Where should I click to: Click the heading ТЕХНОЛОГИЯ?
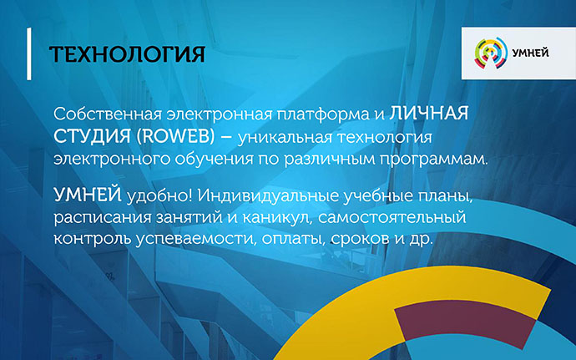click(127, 54)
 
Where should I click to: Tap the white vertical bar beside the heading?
click(29, 53)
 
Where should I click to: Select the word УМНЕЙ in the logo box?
click(530, 53)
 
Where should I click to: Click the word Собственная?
click(108, 114)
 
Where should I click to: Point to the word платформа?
click(323, 114)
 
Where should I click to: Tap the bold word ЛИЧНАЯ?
click(429, 114)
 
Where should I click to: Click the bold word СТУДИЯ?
click(92, 137)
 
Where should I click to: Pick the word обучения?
click(214, 160)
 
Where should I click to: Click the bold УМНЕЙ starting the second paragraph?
click(88, 194)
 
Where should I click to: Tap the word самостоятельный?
click(392, 218)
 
